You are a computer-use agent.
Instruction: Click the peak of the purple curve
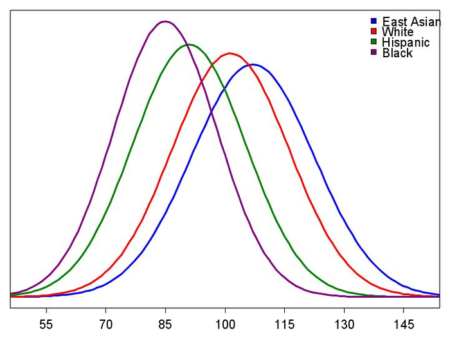click(165, 21)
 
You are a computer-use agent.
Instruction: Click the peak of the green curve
click(188, 44)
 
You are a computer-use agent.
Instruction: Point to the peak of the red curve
click(229, 53)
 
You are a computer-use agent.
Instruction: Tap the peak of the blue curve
click(253, 64)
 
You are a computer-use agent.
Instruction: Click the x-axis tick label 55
click(46, 324)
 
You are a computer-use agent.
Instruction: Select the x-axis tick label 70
click(106, 324)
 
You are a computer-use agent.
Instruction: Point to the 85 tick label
click(165, 324)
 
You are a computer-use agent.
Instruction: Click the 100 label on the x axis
click(225, 324)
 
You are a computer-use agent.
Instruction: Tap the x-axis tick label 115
click(284, 324)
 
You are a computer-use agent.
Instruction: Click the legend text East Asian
click(411, 22)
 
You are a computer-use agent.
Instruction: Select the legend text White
click(397, 32)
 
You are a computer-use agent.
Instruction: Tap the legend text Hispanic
click(406, 42)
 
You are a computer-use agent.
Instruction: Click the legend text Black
click(397, 53)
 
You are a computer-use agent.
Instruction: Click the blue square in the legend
click(373, 21)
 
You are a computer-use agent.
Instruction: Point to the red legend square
click(373, 32)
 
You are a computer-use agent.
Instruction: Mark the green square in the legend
click(373, 42)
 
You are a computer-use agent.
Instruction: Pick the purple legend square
click(373, 52)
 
